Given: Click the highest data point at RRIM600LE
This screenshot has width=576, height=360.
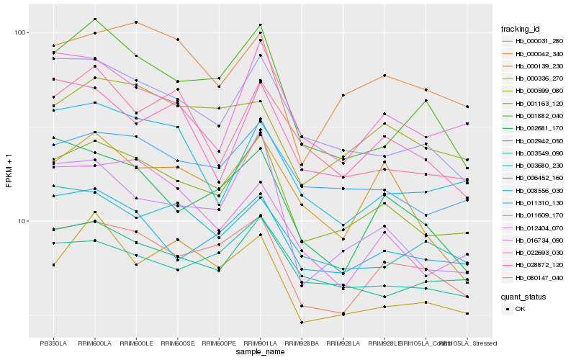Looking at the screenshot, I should tap(136, 22).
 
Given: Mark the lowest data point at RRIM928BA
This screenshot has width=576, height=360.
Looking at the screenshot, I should tap(302, 323).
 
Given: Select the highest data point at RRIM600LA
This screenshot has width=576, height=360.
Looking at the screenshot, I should tap(95, 19).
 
